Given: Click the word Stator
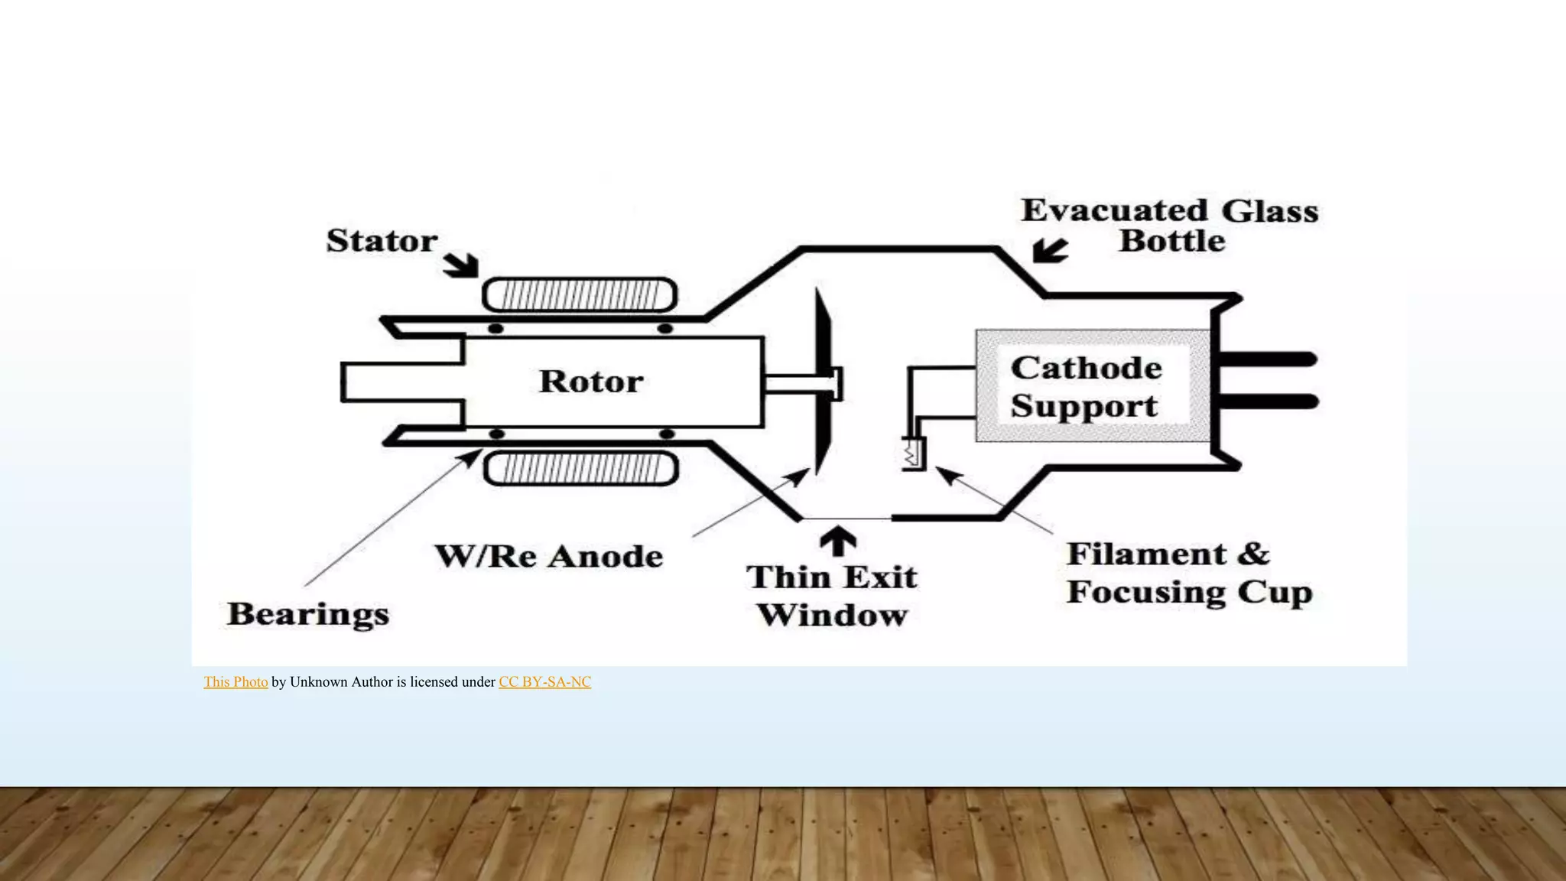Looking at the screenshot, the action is [382, 241].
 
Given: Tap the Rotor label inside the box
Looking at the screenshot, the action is [591, 382].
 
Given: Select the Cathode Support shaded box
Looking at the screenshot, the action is [1093, 386].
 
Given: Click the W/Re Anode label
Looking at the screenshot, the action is [549, 557].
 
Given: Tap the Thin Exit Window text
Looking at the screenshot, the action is [833, 597].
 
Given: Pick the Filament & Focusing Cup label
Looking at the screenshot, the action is [1190, 574].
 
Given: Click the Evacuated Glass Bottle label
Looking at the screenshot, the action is [1170, 226].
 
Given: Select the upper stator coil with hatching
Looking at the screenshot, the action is [580, 294].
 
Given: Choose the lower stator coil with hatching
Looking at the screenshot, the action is [581, 469].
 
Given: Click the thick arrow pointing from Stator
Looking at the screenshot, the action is [462, 265].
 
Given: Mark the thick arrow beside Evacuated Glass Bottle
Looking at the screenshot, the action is [1049, 250].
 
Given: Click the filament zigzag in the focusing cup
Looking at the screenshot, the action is [911, 455].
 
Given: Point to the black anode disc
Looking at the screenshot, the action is [823, 382].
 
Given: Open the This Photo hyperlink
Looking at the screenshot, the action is [236, 682].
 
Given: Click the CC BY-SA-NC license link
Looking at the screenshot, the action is [545, 682].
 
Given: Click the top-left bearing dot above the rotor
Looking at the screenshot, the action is [495, 328].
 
